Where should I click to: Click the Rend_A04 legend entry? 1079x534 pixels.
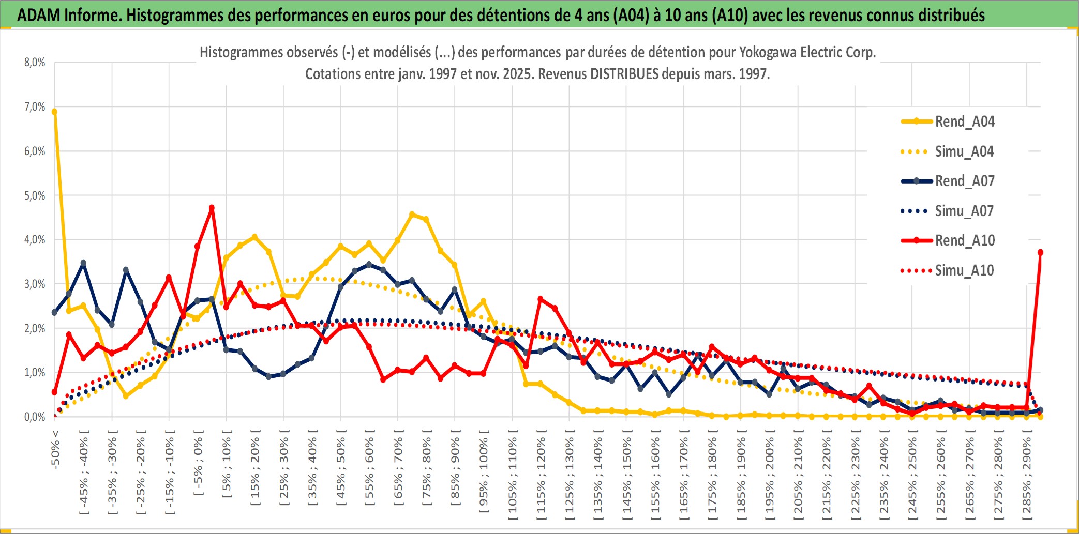point(964,121)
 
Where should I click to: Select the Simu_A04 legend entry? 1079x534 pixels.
point(964,151)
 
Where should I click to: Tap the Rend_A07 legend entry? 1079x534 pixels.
point(964,181)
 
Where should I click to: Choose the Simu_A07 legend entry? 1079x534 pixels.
point(964,211)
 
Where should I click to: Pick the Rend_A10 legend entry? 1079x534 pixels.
point(964,240)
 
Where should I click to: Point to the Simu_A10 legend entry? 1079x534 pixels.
point(964,270)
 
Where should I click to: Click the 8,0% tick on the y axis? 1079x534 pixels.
point(35,63)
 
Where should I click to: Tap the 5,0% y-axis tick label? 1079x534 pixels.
point(35,195)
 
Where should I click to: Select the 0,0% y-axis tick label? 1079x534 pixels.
point(35,417)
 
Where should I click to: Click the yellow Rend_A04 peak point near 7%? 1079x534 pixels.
point(54,112)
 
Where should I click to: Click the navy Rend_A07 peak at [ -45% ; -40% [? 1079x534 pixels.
point(83,263)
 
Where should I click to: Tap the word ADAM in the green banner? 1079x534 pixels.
point(39,15)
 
